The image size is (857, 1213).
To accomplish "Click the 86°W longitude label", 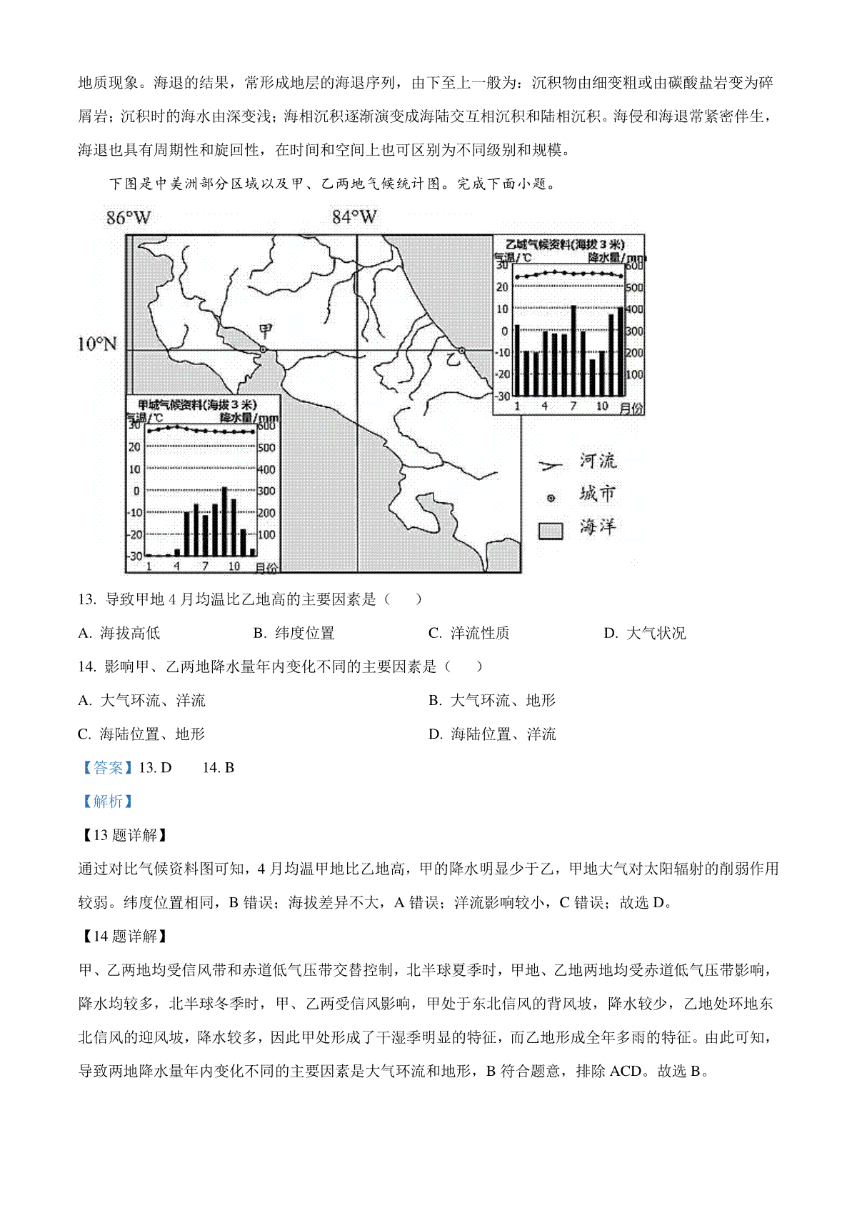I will [129, 218].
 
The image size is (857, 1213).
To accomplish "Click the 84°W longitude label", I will [354, 217].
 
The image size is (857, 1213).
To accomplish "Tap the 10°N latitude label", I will [97, 344].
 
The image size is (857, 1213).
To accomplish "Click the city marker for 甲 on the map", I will [263, 349].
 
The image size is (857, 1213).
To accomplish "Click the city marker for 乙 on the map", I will [462, 350].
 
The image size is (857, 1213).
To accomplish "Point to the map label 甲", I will [266, 331].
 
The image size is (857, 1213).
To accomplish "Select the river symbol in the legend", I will [551, 466].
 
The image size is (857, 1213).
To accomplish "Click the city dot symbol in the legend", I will [551, 498].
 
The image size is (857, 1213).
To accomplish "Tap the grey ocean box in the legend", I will [551, 530].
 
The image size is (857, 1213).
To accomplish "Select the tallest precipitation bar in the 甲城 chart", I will [224, 521].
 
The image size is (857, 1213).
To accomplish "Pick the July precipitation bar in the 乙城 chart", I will [573, 350].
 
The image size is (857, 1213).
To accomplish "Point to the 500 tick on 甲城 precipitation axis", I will [266, 448].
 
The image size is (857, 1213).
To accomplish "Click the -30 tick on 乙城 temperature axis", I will [503, 396].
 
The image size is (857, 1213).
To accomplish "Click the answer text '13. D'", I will [155, 768].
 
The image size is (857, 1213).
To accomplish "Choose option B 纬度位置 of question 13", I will [294, 633].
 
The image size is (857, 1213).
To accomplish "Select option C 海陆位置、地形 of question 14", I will [141, 734].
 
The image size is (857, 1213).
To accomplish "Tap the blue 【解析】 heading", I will [107, 802].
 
